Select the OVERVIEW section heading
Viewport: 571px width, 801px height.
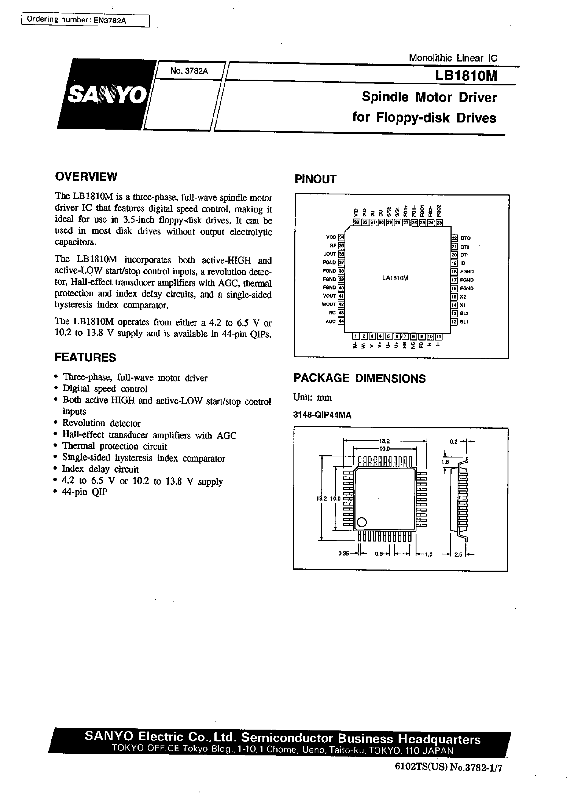coord(86,177)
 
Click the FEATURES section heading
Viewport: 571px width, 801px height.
coord(85,358)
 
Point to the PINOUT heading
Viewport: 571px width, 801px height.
coord(315,179)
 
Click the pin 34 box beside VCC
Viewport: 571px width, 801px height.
coord(341,237)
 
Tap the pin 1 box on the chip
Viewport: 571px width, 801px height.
coord(356,336)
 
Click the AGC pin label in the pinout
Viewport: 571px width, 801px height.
coord(330,321)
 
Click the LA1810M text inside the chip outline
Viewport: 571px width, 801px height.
coord(395,278)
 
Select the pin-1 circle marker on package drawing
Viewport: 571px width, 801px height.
coord(362,523)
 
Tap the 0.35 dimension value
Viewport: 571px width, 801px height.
coord(343,554)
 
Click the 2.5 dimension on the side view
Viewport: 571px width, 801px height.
coord(458,554)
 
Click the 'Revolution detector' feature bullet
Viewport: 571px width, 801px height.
coord(101,423)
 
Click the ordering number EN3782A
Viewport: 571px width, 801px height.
coord(109,20)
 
